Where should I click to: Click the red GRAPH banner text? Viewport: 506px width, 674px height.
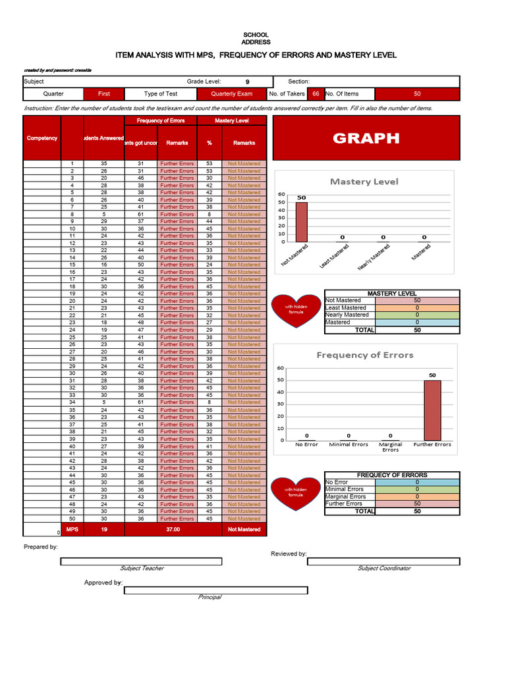click(x=366, y=138)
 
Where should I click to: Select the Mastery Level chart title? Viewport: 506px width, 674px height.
click(x=364, y=182)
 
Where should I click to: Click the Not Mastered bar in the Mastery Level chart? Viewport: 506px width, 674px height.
click(x=301, y=222)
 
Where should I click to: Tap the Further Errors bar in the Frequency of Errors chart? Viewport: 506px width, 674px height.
click(x=432, y=410)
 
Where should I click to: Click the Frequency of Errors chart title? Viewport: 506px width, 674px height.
click(x=364, y=355)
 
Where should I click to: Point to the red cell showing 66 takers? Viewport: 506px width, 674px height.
click(x=316, y=94)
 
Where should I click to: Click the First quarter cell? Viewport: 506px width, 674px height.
click(x=104, y=94)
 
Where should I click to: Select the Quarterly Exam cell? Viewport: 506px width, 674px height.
click(x=231, y=94)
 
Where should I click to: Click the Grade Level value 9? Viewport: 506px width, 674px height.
click(x=247, y=82)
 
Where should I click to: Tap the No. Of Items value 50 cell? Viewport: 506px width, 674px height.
click(x=417, y=94)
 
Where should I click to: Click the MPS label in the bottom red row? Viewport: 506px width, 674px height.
click(x=72, y=529)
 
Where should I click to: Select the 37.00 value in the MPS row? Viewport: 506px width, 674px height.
click(x=173, y=529)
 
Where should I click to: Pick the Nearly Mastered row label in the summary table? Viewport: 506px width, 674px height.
click(x=347, y=315)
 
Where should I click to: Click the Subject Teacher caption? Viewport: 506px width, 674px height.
click(x=142, y=568)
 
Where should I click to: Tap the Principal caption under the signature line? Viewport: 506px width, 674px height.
click(x=210, y=597)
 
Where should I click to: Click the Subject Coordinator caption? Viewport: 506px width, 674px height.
click(x=383, y=568)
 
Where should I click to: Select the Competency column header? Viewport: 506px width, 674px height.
click(x=42, y=138)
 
